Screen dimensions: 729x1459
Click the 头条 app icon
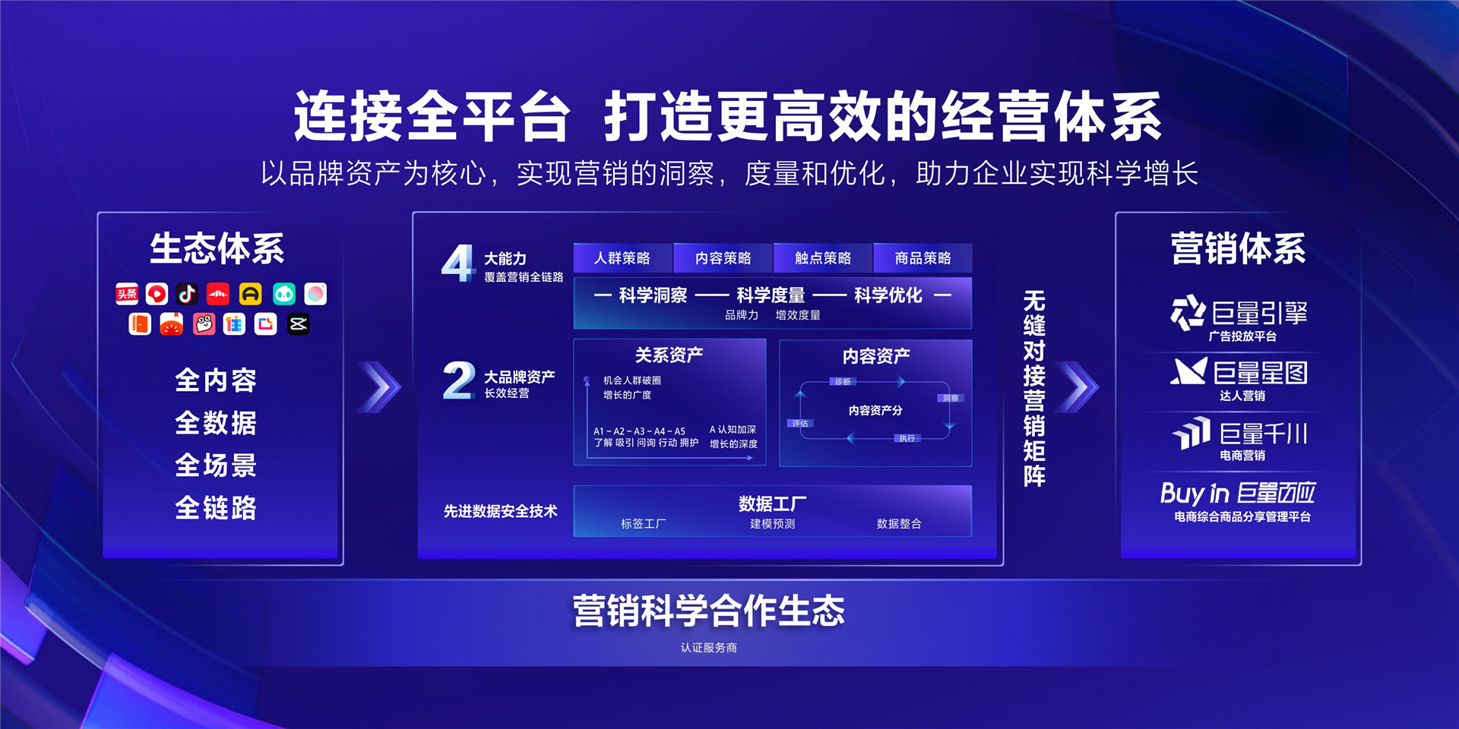tap(127, 294)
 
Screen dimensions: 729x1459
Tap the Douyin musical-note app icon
tap(187, 294)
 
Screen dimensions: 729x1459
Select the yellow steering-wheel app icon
tap(250, 294)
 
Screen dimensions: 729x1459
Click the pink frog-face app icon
tap(204, 324)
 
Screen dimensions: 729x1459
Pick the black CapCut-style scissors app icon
tap(299, 324)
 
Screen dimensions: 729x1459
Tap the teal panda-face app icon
tap(283, 294)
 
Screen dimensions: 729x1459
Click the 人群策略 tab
tap(622, 258)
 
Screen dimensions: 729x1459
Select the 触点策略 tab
tap(823, 258)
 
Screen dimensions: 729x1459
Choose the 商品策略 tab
tap(923, 258)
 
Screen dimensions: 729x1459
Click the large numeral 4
tap(457, 264)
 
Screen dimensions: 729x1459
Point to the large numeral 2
tap(458, 380)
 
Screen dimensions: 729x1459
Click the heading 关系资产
tap(669, 355)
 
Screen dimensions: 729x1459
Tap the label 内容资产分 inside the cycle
tap(875, 411)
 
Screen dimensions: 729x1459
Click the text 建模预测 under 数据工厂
tap(772, 524)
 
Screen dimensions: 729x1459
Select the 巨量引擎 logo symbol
tap(1188, 313)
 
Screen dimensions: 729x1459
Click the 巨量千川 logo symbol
tap(1192, 433)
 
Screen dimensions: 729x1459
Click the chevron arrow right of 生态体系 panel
tap(381, 387)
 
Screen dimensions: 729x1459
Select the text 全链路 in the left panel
tap(216, 507)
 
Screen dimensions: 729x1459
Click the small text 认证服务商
tap(708, 648)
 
